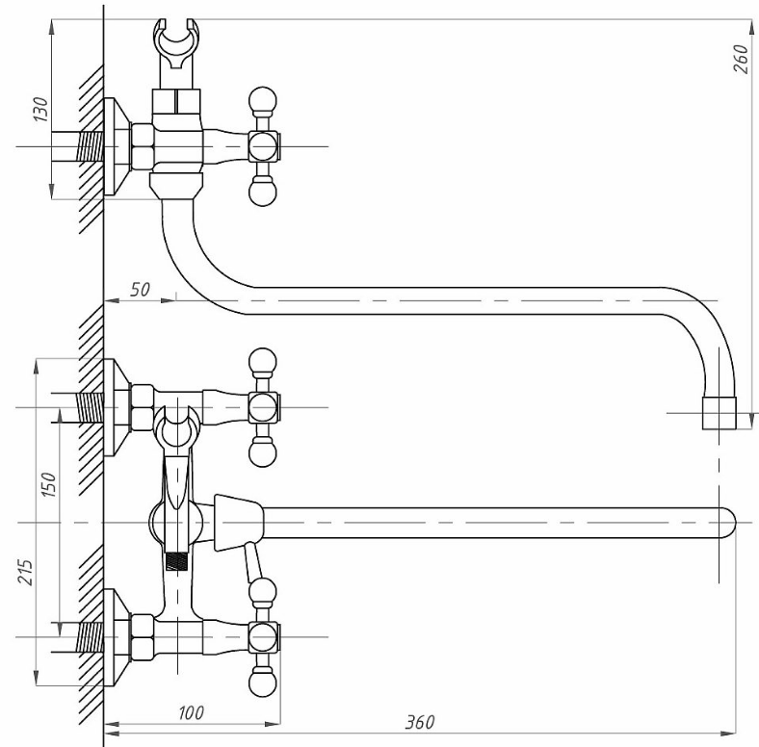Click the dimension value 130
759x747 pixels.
click(x=40, y=109)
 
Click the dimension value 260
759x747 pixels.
click(x=741, y=58)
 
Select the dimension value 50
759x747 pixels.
click(x=140, y=290)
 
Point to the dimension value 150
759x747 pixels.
click(x=49, y=484)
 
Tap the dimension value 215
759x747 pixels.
click(x=25, y=573)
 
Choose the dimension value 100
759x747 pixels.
click(x=192, y=712)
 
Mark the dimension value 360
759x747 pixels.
click(x=420, y=722)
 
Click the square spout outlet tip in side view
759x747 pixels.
click(x=720, y=413)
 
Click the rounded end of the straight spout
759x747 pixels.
click(x=727, y=523)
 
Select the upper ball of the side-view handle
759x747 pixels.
click(x=262, y=101)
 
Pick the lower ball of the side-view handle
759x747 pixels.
click(x=262, y=192)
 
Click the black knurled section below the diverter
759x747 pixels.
click(x=176, y=561)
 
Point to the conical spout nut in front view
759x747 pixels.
click(x=239, y=523)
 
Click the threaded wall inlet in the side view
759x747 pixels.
click(x=91, y=146)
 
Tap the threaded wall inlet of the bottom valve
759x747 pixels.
click(x=91, y=637)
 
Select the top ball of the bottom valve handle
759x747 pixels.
click(x=262, y=592)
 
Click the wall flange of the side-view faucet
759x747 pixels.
click(x=118, y=146)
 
